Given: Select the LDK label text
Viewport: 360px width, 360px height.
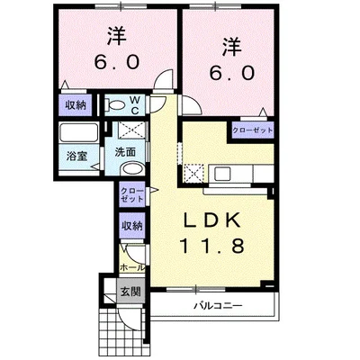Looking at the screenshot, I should click(215, 220).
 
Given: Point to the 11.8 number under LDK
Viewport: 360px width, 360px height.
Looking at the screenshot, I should click(215, 246).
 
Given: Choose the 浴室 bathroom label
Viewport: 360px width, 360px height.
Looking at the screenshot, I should click(75, 156).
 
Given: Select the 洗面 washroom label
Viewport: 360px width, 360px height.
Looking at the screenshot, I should click(126, 152).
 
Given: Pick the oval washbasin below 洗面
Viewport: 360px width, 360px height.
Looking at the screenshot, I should click(131, 170).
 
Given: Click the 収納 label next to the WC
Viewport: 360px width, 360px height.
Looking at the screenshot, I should click(76, 105).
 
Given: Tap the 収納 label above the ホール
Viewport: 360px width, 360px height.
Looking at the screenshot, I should click(131, 225).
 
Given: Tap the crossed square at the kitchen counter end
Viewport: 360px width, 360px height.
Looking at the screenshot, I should click(196, 171).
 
